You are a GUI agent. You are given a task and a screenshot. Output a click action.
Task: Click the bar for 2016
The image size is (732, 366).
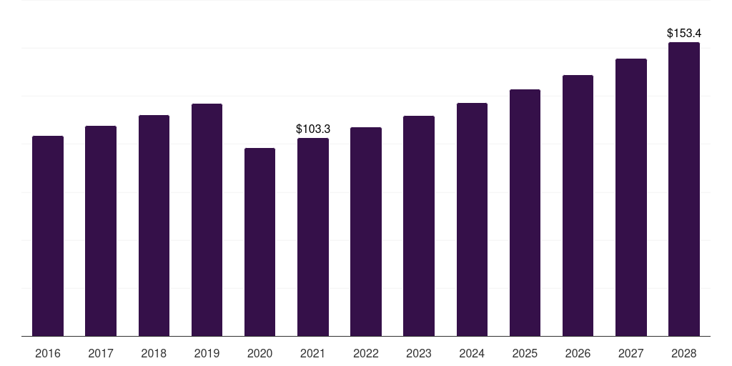(x=48, y=236)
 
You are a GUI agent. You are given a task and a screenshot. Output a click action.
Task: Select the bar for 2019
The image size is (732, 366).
(x=207, y=220)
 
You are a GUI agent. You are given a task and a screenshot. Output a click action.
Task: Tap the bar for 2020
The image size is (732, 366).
(x=259, y=242)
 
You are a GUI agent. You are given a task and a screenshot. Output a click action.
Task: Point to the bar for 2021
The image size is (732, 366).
(x=313, y=237)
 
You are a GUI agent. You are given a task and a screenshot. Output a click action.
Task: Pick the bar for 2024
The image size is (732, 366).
(x=472, y=219)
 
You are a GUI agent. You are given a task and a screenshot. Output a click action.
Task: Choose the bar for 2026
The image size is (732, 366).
(x=578, y=205)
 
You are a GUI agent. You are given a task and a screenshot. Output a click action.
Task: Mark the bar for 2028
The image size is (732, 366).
(x=684, y=189)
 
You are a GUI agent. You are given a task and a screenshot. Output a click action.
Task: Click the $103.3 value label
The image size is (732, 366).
(x=313, y=129)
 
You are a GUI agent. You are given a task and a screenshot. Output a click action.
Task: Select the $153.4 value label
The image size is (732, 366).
(x=684, y=33)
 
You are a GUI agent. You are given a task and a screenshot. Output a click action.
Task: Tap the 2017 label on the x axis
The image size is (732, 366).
(x=101, y=353)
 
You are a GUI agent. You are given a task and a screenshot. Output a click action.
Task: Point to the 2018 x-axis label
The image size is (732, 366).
(x=154, y=353)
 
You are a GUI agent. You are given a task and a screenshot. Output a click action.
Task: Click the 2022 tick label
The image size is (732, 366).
(x=365, y=353)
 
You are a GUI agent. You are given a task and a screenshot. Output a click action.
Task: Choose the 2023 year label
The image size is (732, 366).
(x=419, y=353)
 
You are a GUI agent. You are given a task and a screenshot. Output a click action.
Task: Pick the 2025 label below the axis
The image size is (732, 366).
(x=525, y=353)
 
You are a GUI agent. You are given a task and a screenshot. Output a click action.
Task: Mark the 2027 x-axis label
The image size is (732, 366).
(x=630, y=353)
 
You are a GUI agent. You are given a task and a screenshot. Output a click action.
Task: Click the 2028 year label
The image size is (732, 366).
(x=684, y=353)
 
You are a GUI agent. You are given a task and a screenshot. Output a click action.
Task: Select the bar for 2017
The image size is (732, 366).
(x=101, y=231)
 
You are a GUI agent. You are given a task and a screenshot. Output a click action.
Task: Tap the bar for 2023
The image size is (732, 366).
(x=419, y=226)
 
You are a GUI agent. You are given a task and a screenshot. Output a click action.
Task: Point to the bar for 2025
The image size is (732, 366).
(x=525, y=212)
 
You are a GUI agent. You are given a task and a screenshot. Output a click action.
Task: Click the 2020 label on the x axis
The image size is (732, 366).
(x=259, y=353)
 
